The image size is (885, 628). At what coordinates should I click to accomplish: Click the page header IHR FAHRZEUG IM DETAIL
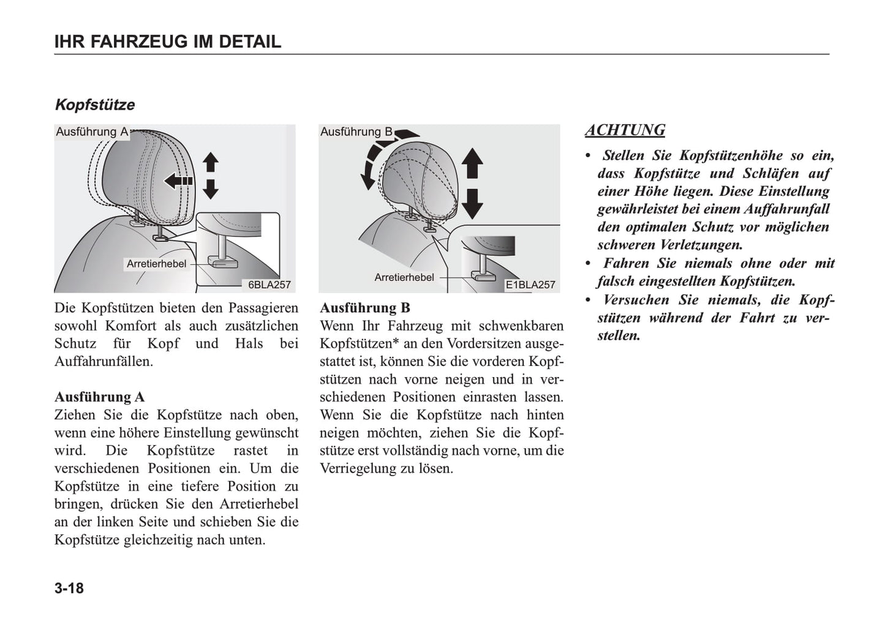tap(167, 42)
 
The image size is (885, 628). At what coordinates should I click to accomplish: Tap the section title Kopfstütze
tap(95, 105)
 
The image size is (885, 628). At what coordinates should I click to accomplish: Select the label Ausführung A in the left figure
tap(92, 132)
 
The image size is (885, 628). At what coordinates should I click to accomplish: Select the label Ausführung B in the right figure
tap(356, 132)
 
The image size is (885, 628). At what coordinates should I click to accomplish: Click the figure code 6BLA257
tap(269, 285)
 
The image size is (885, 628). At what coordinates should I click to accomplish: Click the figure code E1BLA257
tap(530, 285)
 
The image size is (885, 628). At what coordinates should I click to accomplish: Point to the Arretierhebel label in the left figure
tap(156, 264)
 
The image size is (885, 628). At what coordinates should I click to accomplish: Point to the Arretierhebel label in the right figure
tap(404, 277)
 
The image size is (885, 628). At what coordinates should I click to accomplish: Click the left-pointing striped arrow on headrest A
tap(178, 181)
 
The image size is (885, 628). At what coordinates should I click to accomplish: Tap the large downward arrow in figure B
tap(472, 203)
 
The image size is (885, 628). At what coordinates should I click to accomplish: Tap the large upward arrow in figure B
tap(472, 163)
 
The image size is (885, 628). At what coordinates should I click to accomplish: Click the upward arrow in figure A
tap(211, 162)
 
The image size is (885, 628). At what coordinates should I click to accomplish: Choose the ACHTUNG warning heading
tap(625, 130)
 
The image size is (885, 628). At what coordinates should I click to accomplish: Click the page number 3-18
tap(69, 588)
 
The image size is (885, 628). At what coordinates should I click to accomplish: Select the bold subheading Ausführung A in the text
tap(99, 397)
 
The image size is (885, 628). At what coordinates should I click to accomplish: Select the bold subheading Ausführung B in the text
tap(365, 308)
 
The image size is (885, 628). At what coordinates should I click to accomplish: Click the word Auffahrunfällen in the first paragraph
tap(104, 361)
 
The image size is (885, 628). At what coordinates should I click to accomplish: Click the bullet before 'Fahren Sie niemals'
tap(589, 263)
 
